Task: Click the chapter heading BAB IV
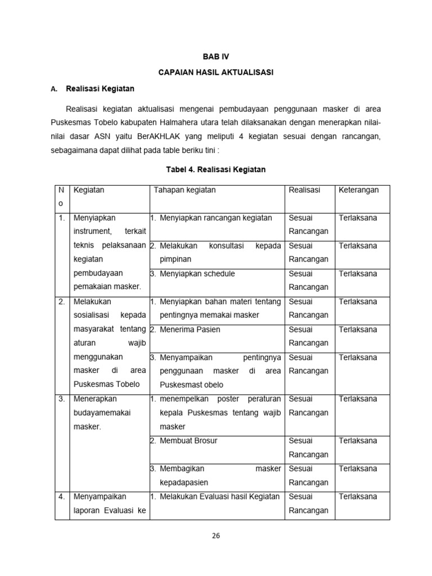coord(216,57)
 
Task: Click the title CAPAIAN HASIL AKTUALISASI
coord(216,73)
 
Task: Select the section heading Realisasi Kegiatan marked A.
coord(100,89)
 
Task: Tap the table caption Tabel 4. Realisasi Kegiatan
coord(216,169)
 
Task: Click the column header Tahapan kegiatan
coord(184,190)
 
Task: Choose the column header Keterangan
coord(359,190)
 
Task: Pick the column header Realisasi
coord(304,190)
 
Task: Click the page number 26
coord(216,535)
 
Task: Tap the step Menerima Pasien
coord(190,330)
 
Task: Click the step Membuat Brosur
coord(188,441)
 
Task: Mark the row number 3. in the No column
coord(62,399)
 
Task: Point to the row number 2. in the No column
coord(62,301)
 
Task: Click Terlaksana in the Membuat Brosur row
coord(358,441)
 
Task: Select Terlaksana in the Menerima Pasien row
coord(358,330)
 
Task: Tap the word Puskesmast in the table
coord(183,385)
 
